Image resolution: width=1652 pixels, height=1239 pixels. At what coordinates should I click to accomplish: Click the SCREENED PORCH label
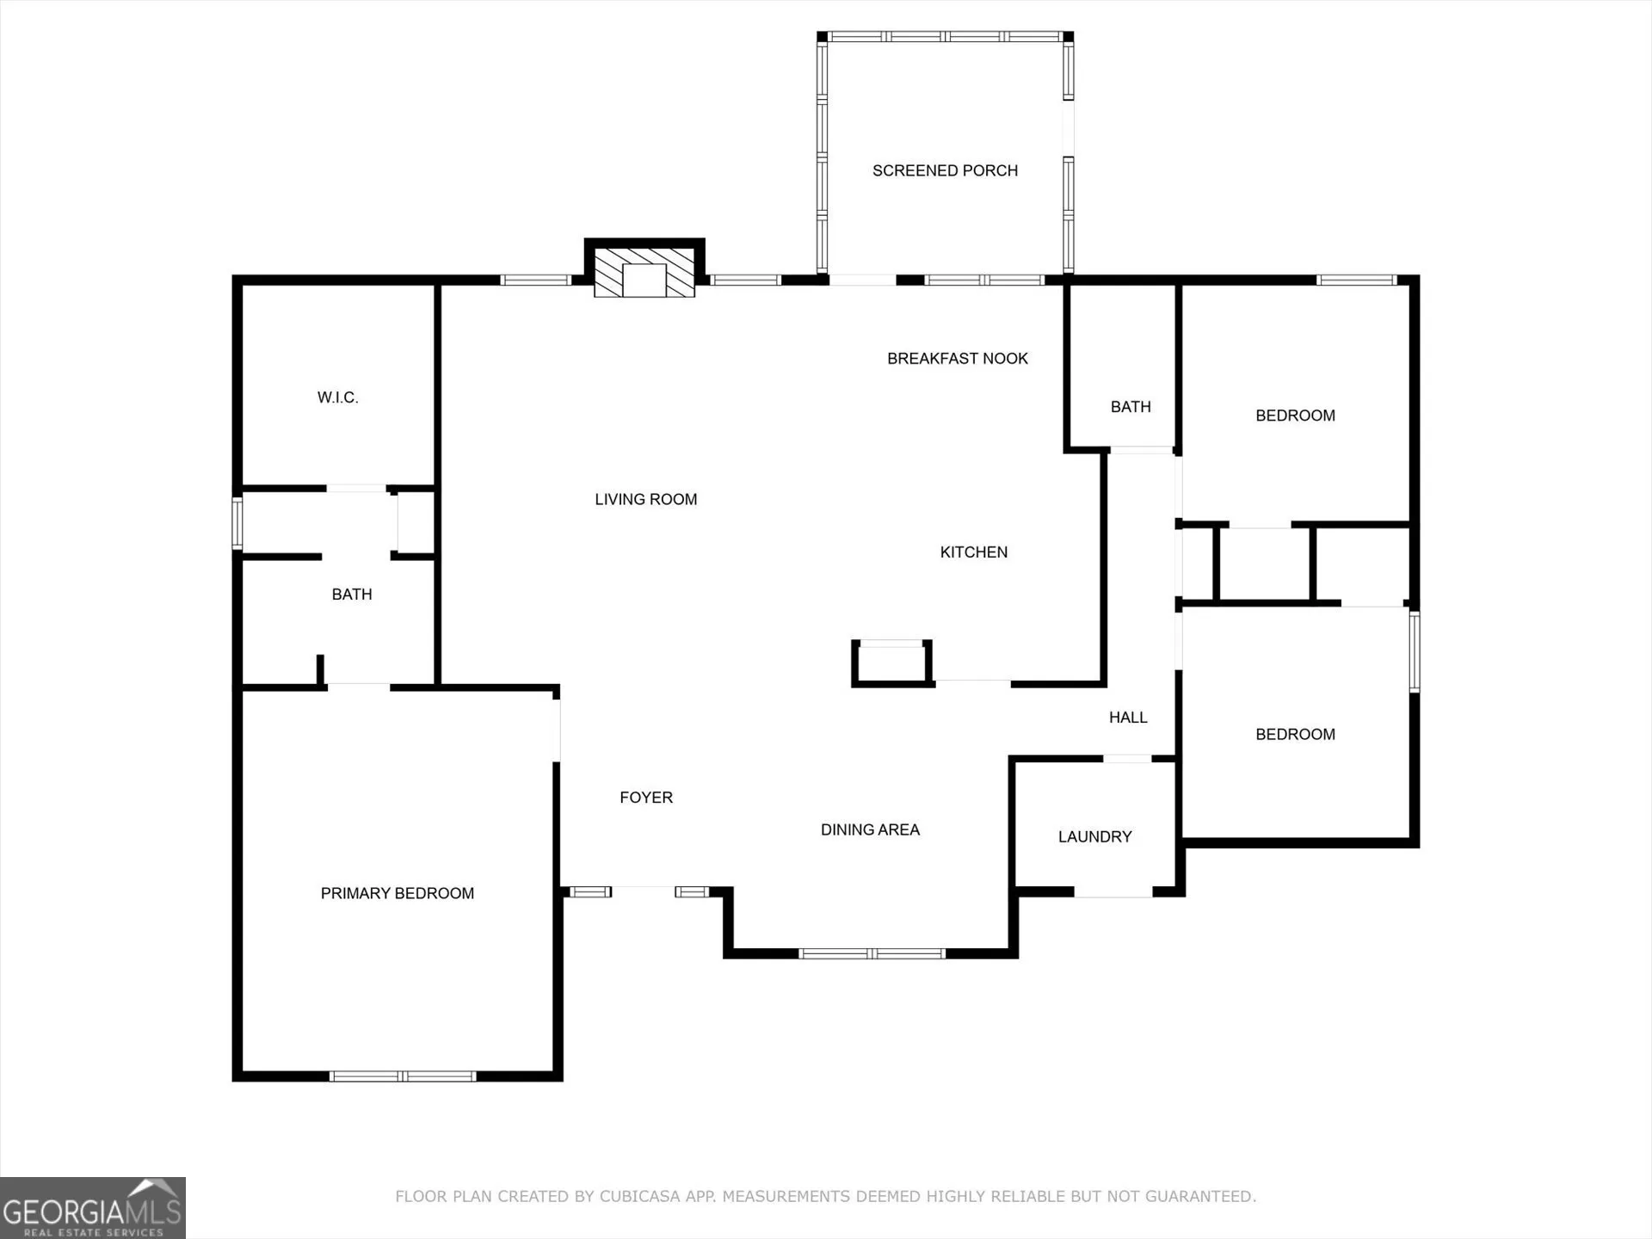(x=945, y=170)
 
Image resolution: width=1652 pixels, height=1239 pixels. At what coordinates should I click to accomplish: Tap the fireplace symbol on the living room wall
(x=644, y=273)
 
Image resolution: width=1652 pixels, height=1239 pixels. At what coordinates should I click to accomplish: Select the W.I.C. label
(x=337, y=398)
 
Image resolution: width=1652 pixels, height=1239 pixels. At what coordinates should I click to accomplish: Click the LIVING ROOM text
(x=646, y=499)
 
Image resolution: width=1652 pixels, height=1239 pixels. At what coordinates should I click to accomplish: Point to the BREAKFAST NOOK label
(x=958, y=359)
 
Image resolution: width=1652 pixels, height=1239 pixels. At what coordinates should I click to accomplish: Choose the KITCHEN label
(x=974, y=552)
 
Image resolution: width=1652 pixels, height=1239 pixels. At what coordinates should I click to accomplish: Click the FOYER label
(x=646, y=798)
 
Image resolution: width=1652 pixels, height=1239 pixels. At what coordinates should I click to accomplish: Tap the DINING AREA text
(x=870, y=829)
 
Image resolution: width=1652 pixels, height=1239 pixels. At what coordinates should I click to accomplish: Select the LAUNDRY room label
(x=1094, y=836)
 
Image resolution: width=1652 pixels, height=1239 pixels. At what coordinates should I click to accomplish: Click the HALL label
(x=1128, y=718)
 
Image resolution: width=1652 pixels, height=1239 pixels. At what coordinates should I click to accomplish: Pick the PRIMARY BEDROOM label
(x=398, y=893)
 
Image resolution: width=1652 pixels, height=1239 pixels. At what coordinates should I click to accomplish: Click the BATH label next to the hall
(x=1131, y=407)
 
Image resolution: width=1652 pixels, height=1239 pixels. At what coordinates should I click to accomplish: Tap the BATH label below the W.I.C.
(x=352, y=595)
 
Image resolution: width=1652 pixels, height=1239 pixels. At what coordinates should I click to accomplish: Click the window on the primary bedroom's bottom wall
(x=403, y=1076)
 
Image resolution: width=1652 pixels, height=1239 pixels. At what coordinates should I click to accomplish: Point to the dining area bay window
(x=872, y=953)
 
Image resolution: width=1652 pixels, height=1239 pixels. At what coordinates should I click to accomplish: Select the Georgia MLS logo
(x=93, y=1208)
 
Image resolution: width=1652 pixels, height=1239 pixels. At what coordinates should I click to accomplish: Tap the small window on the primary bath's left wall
(x=237, y=523)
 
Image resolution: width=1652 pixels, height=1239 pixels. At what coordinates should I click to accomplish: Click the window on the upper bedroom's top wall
(x=1357, y=280)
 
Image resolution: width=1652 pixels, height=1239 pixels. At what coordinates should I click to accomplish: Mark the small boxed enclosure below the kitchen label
(x=891, y=663)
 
